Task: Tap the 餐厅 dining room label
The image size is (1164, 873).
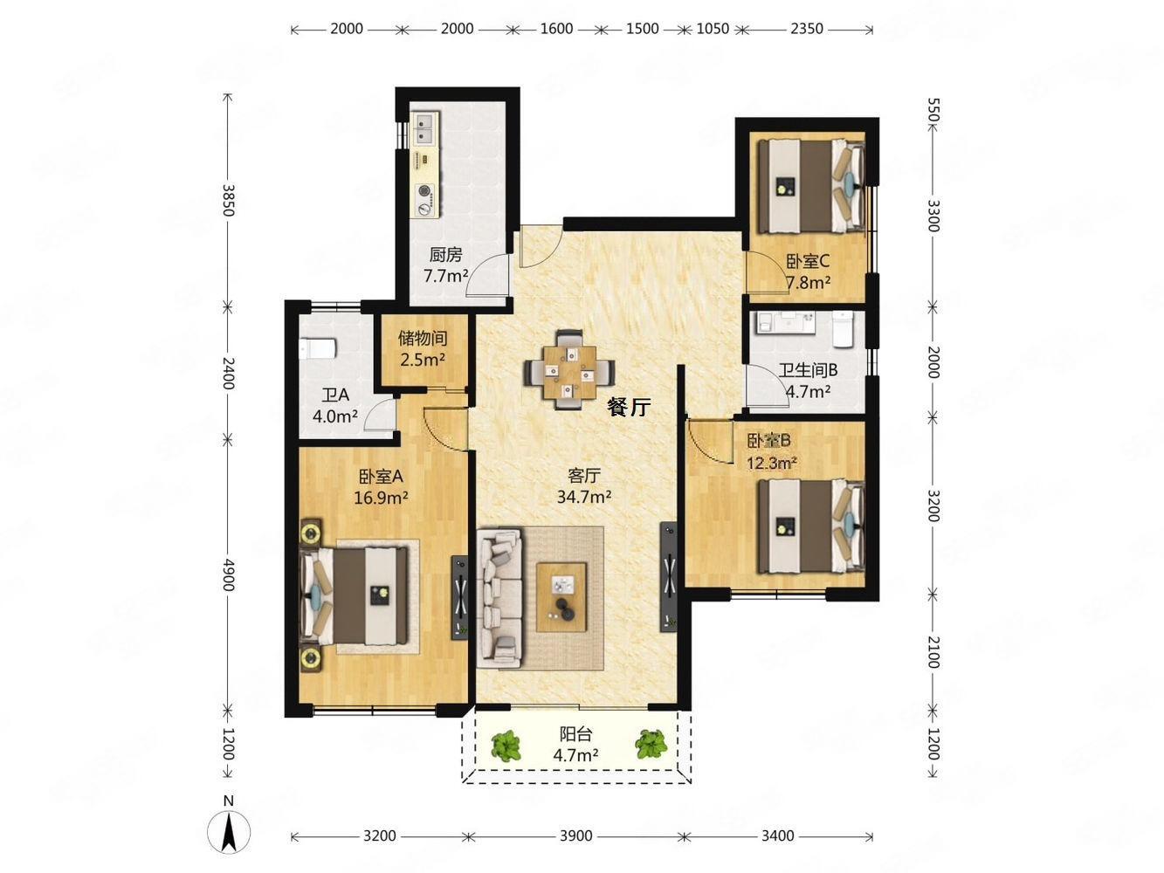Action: tap(629, 407)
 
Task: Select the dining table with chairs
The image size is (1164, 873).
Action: tap(569, 370)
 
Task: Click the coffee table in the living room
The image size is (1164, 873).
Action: tap(561, 597)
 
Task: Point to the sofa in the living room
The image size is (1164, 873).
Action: tap(499, 597)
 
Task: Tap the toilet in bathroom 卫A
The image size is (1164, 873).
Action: tap(318, 348)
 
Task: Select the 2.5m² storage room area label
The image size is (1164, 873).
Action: tap(423, 361)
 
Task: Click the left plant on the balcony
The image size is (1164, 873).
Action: tap(505, 746)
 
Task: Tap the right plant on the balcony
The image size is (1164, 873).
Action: tap(651, 745)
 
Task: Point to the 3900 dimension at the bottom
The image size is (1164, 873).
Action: tap(576, 835)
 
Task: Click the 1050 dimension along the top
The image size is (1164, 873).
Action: tap(713, 28)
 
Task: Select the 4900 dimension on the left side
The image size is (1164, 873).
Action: tap(228, 574)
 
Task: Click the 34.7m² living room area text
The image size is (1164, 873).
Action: tap(584, 498)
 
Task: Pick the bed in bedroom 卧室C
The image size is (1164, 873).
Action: tap(812, 186)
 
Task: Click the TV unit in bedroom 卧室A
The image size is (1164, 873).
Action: tap(459, 597)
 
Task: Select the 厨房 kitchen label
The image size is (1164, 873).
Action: tap(445, 255)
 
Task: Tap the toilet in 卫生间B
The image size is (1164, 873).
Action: tap(842, 328)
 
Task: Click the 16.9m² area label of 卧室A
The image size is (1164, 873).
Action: tap(381, 498)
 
